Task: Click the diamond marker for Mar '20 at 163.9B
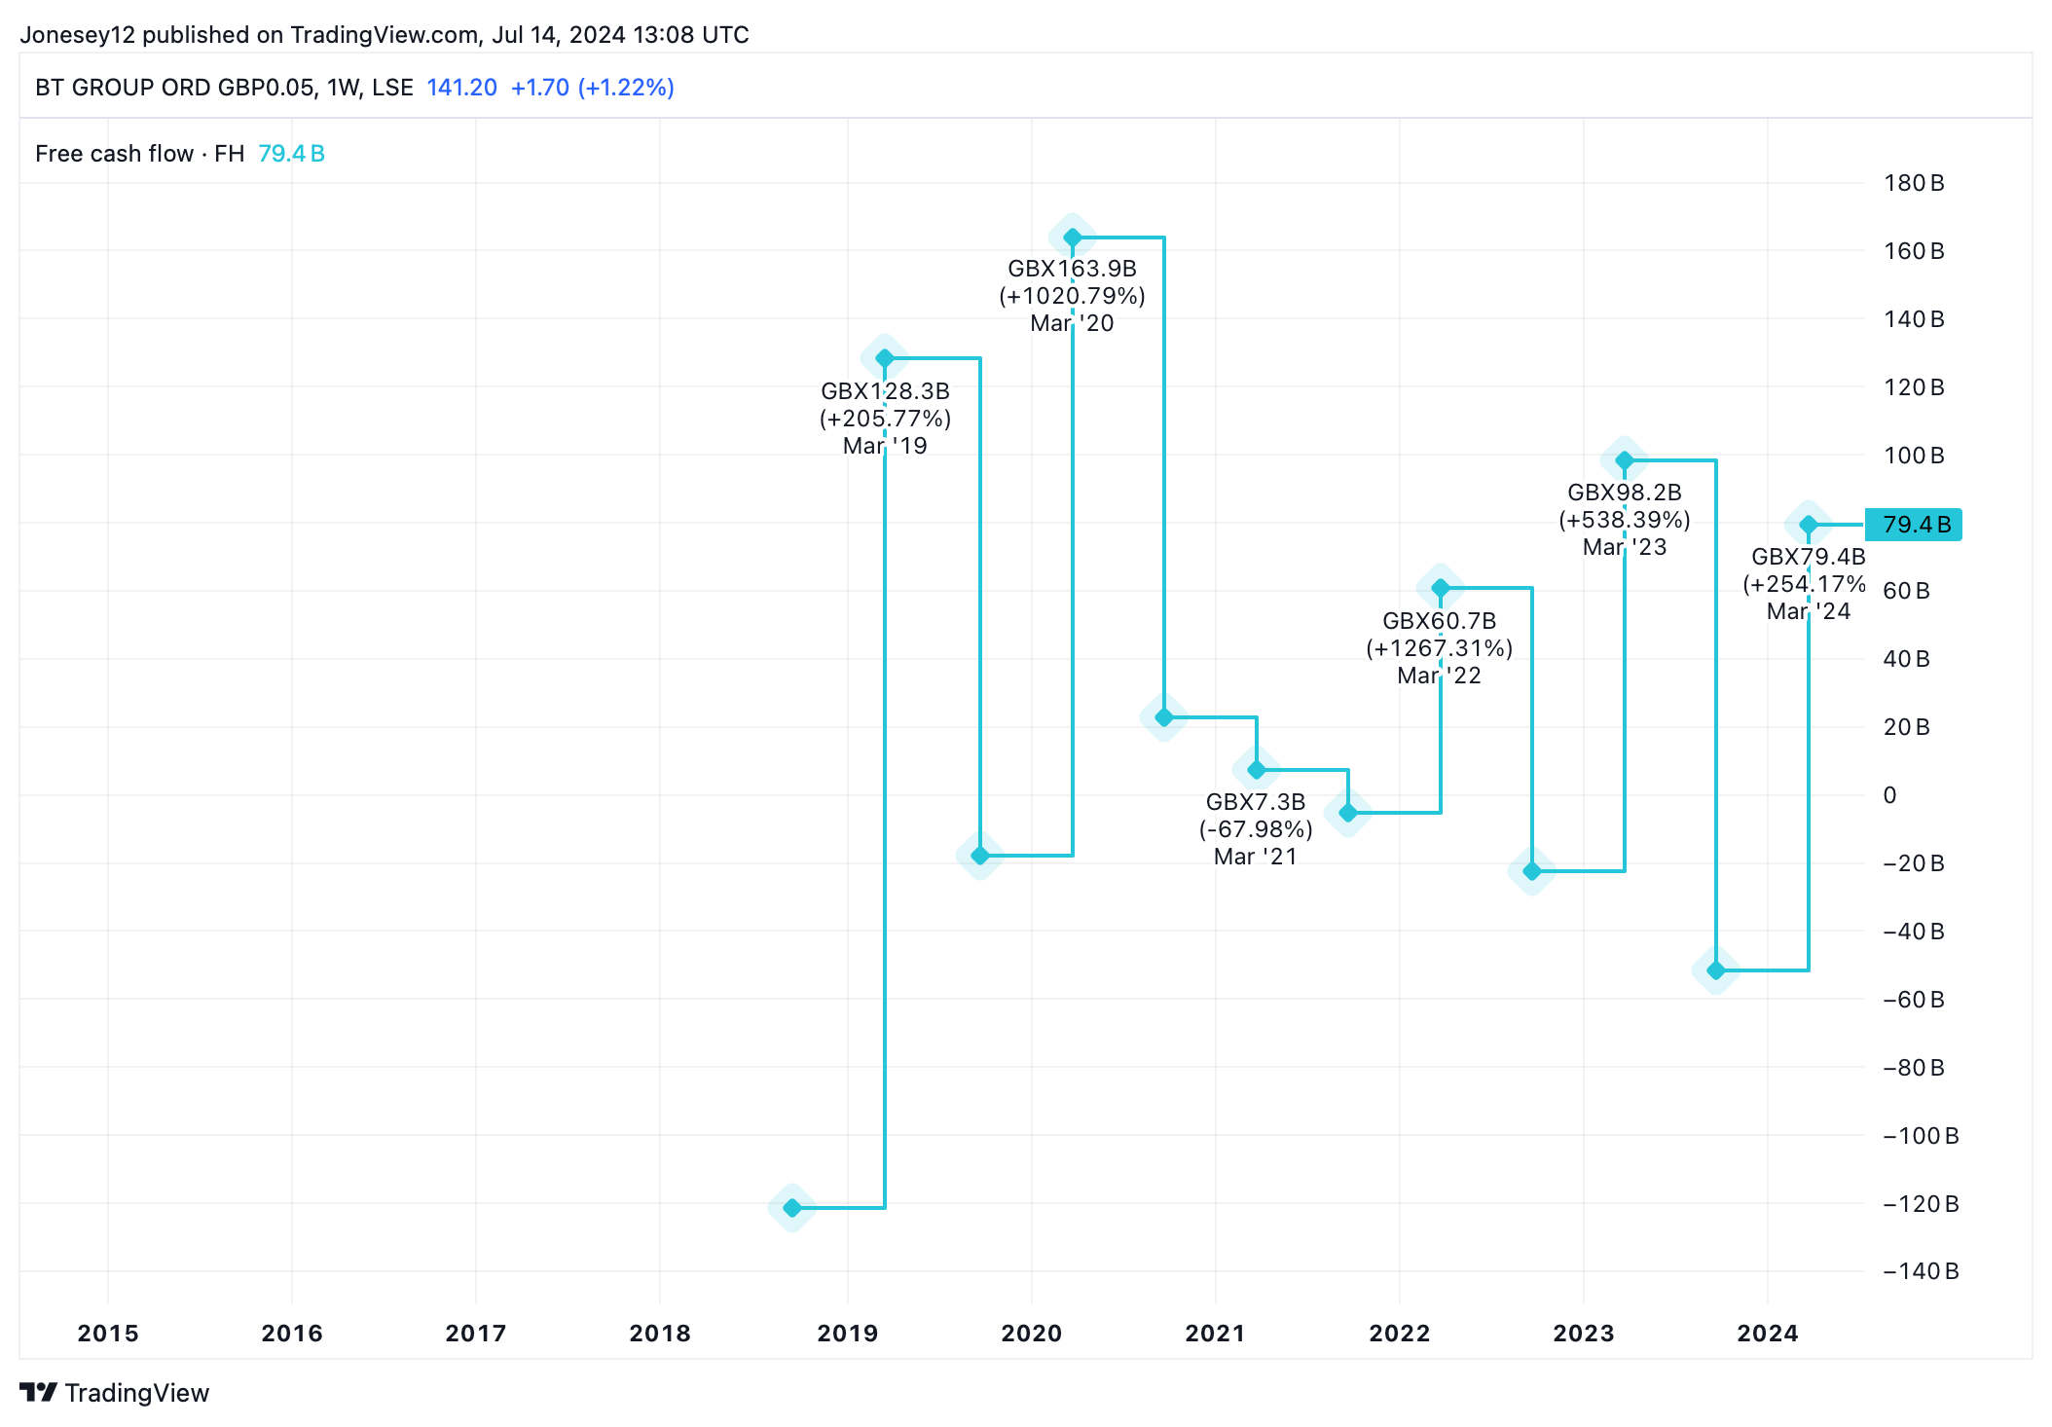click(x=1072, y=238)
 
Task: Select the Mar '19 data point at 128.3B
click(x=885, y=358)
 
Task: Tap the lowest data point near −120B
click(x=792, y=1208)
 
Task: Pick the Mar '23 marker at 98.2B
click(x=1624, y=460)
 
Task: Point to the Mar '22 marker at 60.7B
click(x=1440, y=588)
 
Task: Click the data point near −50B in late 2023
click(x=1716, y=970)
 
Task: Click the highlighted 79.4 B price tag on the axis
click(x=1913, y=525)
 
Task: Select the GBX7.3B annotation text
click(x=1255, y=802)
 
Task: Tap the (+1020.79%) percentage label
click(x=1072, y=296)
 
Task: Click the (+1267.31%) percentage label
click(x=1439, y=648)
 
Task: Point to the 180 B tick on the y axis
click(x=1913, y=183)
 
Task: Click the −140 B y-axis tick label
click(x=1920, y=1271)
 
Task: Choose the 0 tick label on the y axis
click(x=1889, y=795)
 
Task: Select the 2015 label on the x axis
click(x=108, y=1334)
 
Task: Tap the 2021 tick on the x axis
click(x=1215, y=1334)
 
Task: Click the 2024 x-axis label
click(x=1767, y=1334)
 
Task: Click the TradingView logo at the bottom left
click(x=115, y=1393)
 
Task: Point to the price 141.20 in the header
click(x=461, y=88)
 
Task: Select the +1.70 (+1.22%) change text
click(x=592, y=88)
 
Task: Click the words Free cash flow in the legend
click(x=114, y=154)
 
